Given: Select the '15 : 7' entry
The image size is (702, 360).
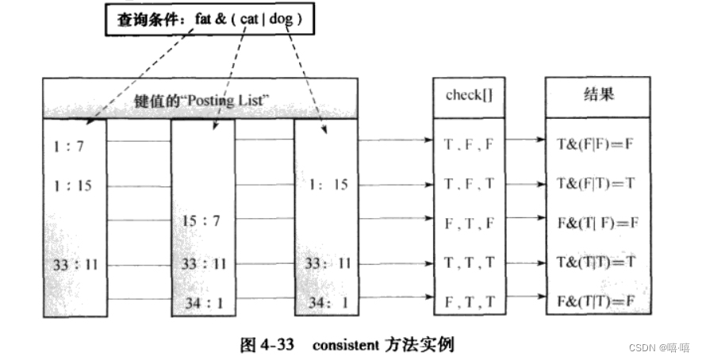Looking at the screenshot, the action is (201, 220).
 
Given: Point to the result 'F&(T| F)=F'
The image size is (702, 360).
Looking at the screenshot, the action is (597, 224).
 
